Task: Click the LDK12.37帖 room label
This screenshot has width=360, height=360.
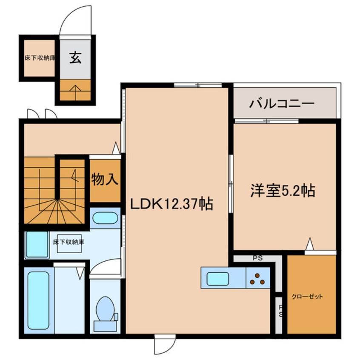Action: (x=171, y=204)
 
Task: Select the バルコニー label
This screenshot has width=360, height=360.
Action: (x=282, y=103)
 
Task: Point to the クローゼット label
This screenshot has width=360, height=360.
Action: (x=307, y=296)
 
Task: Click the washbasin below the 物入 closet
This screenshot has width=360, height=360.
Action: (x=105, y=218)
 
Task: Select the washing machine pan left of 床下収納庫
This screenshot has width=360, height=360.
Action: (x=37, y=244)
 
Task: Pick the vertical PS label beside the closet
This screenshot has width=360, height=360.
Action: (x=280, y=311)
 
